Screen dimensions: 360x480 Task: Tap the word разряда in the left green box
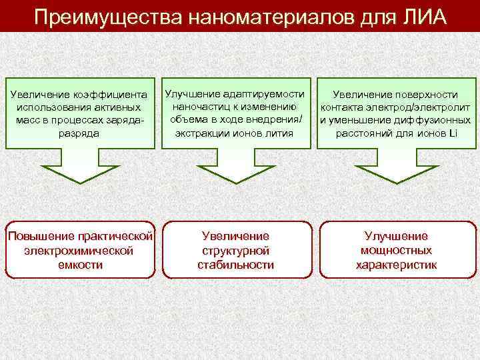[81, 133]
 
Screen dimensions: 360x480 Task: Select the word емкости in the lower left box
[81, 264]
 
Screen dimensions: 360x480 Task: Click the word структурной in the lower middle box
[235, 250]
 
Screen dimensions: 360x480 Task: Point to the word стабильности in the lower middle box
[235, 264]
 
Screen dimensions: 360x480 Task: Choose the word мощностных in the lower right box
[396, 250]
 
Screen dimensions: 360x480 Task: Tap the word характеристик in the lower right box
[396, 264]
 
